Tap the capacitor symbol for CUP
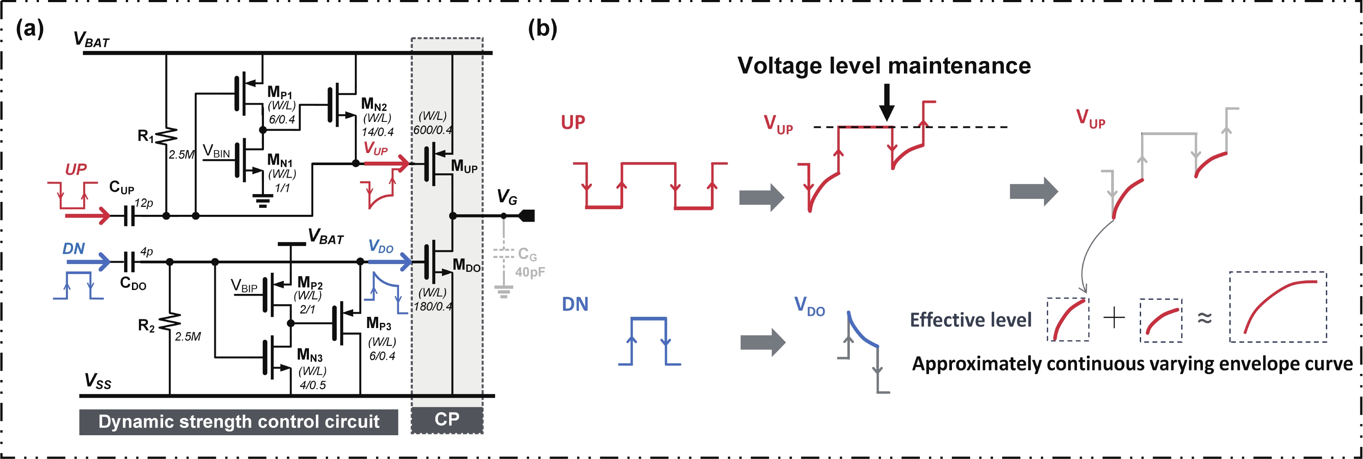tap(129, 216)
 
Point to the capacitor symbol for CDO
tap(129, 261)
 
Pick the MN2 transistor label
tap(373, 104)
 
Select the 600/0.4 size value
tap(432, 130)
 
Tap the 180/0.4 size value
tap(432, 306)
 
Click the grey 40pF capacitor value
tap(530, 272)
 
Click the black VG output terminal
tap(527, 216)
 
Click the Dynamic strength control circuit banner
tap(238, 422)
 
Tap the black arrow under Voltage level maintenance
tap(887, 103)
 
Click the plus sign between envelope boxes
tap(1114, 318)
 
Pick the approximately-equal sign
tap(1204, 318)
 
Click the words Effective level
tap(971, 320)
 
